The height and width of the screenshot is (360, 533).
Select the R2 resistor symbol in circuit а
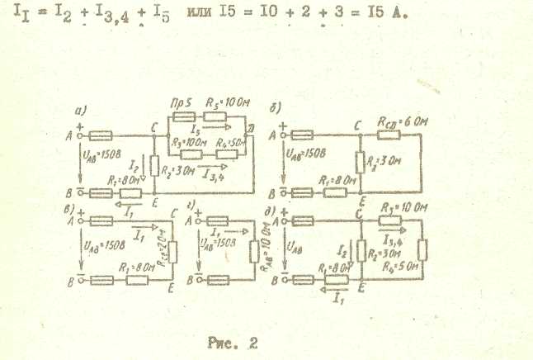point(153,170)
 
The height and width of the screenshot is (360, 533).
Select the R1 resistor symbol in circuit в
point(134,281)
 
